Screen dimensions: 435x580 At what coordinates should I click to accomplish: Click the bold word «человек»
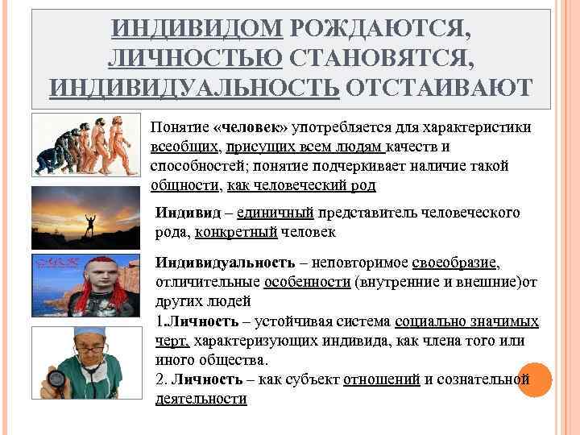(251, 127)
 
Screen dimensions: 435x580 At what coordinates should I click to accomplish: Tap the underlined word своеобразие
(456, 263)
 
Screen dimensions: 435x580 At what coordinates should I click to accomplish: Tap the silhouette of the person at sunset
(89, 221)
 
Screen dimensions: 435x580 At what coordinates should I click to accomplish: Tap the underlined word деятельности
(201, 399)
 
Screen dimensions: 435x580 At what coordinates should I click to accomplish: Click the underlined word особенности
(307, 283)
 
